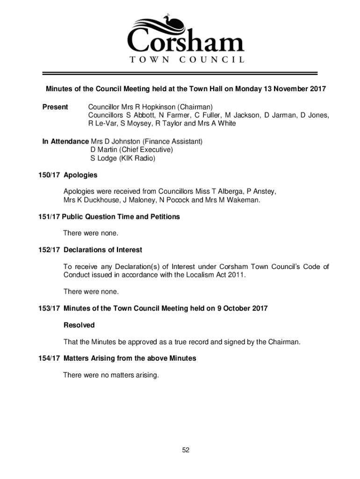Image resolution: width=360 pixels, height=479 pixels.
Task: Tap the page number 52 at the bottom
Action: point(186,450)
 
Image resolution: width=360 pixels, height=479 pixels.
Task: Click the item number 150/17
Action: point(49,175)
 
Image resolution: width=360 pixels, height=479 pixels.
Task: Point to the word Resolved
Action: point(79,325)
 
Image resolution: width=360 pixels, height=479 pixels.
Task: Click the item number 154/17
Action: point(49,358)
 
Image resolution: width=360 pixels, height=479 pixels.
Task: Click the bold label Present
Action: point(55,107)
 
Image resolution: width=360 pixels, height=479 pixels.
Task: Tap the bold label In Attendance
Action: point(65,141)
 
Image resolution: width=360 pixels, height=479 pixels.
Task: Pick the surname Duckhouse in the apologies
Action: point(100,200)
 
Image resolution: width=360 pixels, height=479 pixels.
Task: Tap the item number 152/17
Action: point(49,250)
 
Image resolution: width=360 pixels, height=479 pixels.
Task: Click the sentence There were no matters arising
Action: point(111,375)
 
